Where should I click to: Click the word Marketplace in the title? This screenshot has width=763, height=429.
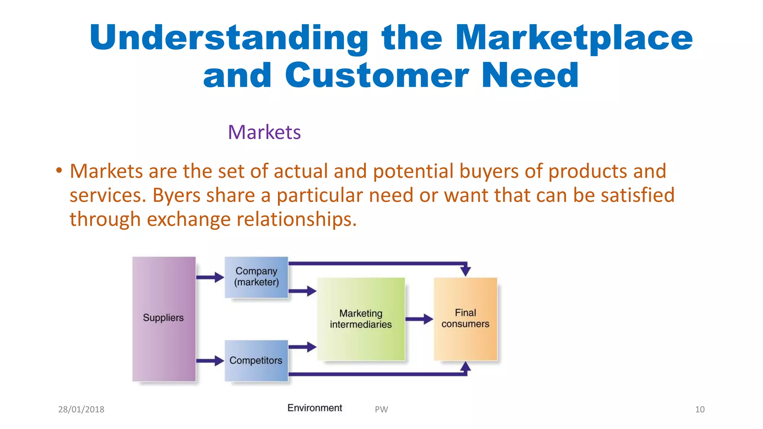coord(574,38)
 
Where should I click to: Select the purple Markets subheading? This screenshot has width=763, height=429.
coord(264,132)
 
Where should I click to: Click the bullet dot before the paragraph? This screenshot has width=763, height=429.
coord(59,171)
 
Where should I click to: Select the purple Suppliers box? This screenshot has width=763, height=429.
coord(164,319)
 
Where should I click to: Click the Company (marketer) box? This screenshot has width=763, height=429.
coord(256,277)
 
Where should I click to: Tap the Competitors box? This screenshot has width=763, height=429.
coord(256,360)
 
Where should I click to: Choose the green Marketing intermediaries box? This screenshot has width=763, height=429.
coord(361,319)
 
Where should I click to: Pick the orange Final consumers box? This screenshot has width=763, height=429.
coord(465,319)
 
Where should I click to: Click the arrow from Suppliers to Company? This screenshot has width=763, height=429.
coord(210,277)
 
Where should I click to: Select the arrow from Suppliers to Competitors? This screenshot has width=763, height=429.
coord(210,360)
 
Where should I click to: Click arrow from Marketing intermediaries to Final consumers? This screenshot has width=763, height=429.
coord(419,319)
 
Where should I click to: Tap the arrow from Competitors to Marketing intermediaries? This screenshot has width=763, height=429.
coord(302,347)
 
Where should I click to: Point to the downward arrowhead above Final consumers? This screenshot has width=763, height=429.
coord(465,270)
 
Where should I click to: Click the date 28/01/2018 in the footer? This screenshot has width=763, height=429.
coord(81,409)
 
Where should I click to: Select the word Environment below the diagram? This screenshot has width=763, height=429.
coord(314,408)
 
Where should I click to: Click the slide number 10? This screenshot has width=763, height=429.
coord(700,409)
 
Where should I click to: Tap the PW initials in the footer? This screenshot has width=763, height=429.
coord(381,409)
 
